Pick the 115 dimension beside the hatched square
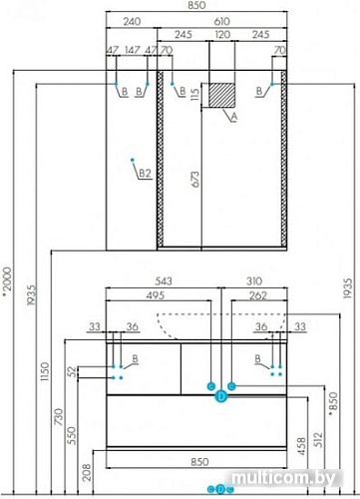pyautogui.click(x=195, y=95)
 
